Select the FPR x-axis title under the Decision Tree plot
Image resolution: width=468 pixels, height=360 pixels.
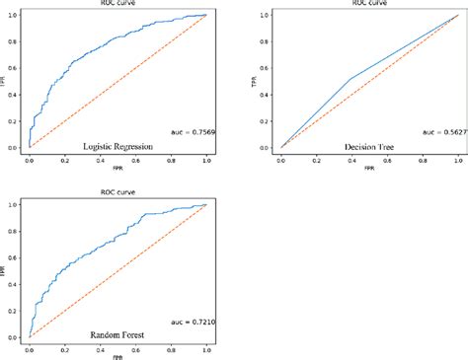pos(367,169)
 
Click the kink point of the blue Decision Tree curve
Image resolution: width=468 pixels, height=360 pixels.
pos(350,79)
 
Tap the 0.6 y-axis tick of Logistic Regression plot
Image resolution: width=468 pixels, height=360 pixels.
pos(12,68)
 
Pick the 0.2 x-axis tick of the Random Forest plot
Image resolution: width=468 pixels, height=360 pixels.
pos(63,347)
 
